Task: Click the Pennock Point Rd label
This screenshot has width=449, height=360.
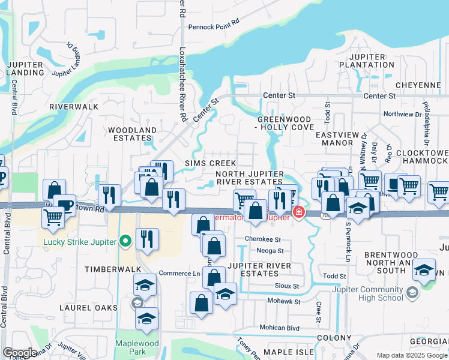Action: click(x=213, y=27)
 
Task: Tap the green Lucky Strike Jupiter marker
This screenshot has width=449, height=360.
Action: click(x=125, y=242)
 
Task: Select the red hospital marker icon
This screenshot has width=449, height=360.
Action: click(x=298, y=212)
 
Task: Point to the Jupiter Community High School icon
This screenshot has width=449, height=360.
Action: click(x=412, y=292)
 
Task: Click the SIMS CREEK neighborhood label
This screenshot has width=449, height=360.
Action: click(x=210, y=163)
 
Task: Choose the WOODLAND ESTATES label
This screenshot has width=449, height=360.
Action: click(x=132, y=134)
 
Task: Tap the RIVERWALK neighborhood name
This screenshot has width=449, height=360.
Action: click(x=74, y=106)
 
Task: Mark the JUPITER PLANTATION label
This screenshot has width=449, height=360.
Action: click(x=370, y=61)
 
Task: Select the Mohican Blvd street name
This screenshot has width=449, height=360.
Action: click(x=279, y=328)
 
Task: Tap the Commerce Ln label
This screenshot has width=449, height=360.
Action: click(x=179, y=274)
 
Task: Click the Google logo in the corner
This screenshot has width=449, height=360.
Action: click(x=20, y=353)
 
